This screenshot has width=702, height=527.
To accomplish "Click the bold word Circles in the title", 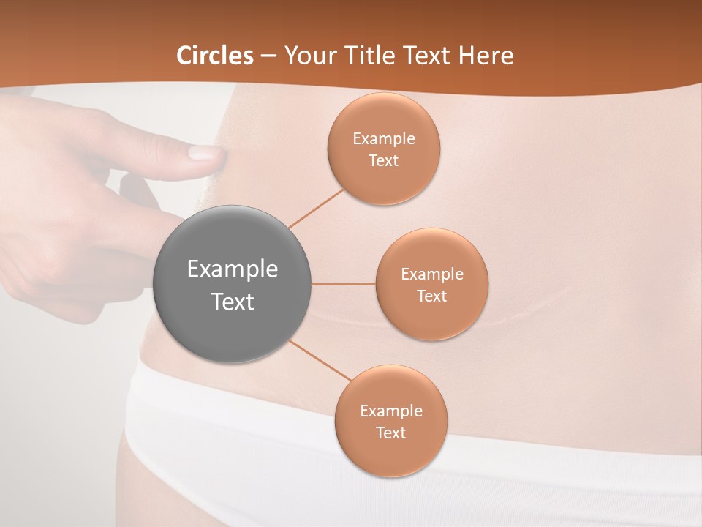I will [215, 56].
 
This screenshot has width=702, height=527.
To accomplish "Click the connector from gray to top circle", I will [316, 207].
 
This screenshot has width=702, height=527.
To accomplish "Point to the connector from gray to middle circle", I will [344, 284].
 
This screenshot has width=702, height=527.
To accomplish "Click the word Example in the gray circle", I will [232, 269].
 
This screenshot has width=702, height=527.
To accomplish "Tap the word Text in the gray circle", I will [232, 302].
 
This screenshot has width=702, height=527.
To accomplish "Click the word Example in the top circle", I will [383, 138].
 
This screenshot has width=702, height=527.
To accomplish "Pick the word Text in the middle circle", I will [431, 296].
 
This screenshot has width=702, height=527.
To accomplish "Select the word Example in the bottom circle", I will [390, 411].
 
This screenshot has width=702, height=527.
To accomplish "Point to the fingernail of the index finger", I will [204, 152].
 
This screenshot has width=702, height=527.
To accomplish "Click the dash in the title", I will [268, 56].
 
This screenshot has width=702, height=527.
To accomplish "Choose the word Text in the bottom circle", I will [390, 433].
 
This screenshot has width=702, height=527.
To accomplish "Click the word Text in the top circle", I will [383, 160].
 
